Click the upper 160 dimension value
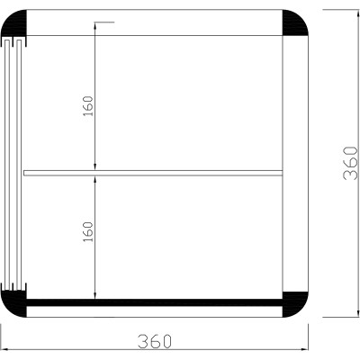pyautogui.click(x=87, y=105)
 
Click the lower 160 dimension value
pyautogui.click(x=87, y=231)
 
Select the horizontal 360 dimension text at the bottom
pyautogui.click(x=155, y=341)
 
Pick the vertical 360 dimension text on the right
pyautogui.click(x=350, y=163)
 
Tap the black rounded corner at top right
pyautogui.click(x=296, y=30)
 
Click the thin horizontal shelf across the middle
pyautogui.click(x=153, y=172)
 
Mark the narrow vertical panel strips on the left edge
pyautogui.click(x=16, y=166)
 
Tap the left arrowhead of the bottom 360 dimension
pyautogui.click(x=5, y=349)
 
